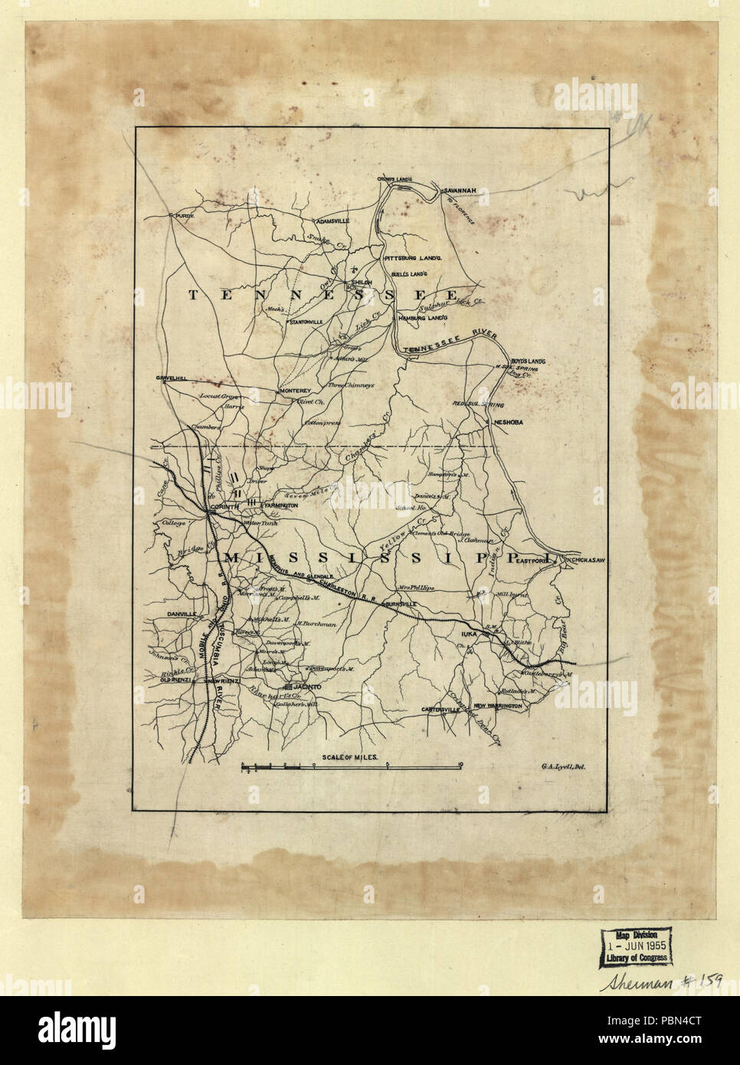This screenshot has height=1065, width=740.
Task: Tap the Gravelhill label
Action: coord(172,378)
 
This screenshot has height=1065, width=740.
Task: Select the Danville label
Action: coord(181,614)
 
